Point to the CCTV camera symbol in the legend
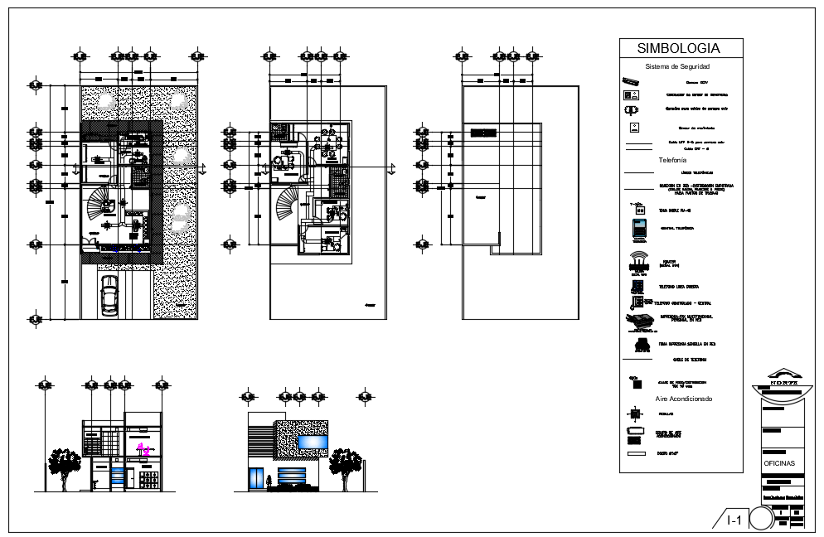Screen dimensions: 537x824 [632, 82]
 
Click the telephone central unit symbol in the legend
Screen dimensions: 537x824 [637, 226]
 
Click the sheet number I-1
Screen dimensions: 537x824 [734, 520]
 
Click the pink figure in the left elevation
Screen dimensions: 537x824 [143, 449]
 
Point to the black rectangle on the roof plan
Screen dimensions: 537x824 [483, 132]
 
